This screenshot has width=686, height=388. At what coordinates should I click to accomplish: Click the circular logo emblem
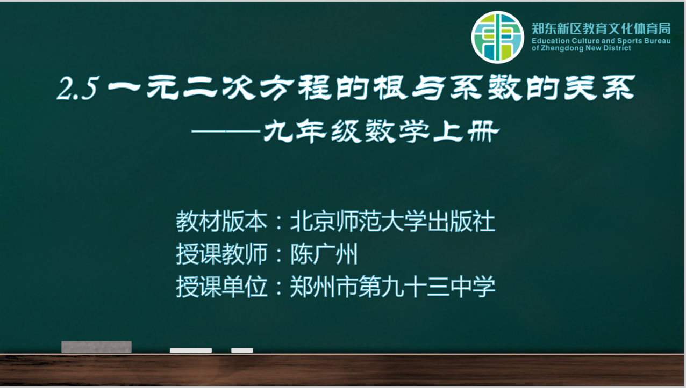[497, 38]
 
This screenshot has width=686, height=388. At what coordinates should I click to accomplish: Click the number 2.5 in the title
[78, 89]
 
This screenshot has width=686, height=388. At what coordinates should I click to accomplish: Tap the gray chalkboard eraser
[96, 347]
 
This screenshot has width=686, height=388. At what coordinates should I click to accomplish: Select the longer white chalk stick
[191, 350]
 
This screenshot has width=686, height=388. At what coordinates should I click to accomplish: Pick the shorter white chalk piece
[242, 350]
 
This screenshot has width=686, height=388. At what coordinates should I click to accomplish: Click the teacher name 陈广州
[324, 254]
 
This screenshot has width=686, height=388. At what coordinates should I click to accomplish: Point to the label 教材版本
[221, 221]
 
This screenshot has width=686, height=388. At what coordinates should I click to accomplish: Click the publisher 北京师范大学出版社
[392, 221]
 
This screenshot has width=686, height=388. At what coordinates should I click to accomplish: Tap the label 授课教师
[221, 254]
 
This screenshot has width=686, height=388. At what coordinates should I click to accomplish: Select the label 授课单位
[221, 287]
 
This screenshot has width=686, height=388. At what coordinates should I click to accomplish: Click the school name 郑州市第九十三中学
[392, 287]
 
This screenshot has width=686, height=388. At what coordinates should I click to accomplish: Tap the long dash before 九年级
[226, 131]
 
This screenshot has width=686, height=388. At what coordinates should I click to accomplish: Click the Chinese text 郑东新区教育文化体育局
[601, 29]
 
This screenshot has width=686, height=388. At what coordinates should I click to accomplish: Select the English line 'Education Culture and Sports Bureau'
[601, 41]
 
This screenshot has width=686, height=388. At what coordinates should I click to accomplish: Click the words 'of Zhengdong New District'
[581, 48]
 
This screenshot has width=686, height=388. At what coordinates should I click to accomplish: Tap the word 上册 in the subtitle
[467, 131]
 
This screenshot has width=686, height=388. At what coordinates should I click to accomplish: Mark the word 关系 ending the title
[599, 88]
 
